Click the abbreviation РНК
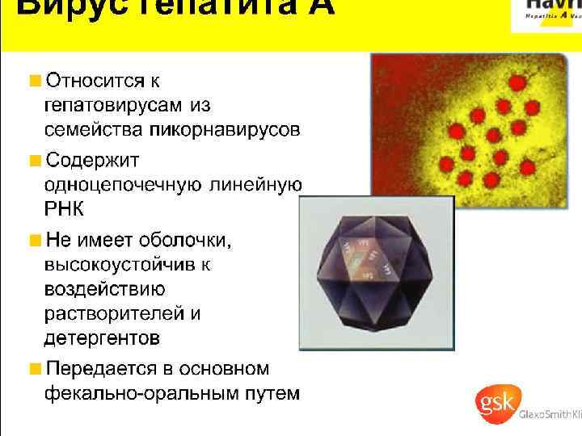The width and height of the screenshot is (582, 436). tap(63, 209)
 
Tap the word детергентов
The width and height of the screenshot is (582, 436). tap(101, 336)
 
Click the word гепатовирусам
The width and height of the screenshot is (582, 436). tap(114, 105)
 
